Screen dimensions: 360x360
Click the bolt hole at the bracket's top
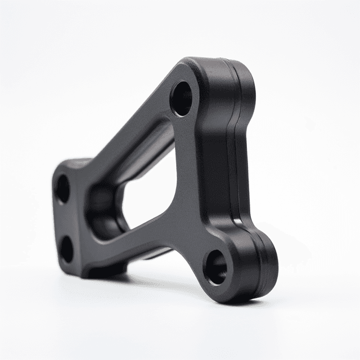[x=181, y=98]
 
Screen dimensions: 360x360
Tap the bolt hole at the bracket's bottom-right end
[x=215, y=266]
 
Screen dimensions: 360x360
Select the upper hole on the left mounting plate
[x=62, y=189]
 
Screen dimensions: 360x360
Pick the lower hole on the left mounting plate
[x=66, y=249]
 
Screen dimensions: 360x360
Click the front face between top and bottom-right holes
[x=191, y=180]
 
